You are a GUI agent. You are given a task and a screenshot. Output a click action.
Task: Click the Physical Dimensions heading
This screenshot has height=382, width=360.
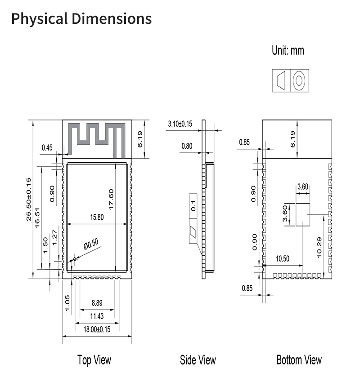click(x=81, y=19)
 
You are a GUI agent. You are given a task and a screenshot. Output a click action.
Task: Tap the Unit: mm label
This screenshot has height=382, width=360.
click(x=288, y=50)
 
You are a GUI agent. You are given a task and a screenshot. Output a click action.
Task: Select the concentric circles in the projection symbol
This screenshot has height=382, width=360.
click(x=299, y=81)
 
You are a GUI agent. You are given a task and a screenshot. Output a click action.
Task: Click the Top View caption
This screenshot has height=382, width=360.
click(x=94, y=360)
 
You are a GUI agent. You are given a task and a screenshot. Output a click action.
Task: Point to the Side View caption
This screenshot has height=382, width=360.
click(x=198, y=360)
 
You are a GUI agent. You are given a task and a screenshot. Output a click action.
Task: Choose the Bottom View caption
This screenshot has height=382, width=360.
click(x=299, y=360)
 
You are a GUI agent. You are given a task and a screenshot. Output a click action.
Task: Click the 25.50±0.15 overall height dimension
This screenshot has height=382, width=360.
click(x=29, y=199)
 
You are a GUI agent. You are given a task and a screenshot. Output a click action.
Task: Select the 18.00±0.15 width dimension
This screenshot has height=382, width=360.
click(x=97, y=329)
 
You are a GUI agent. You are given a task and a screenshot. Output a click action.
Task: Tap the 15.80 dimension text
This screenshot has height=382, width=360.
click(x=97, y=218)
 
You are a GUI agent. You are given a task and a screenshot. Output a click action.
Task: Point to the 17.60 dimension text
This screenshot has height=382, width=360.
click(x=111, y=199)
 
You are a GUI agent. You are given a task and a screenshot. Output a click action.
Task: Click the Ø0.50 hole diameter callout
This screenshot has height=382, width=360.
click(x=90, y=245)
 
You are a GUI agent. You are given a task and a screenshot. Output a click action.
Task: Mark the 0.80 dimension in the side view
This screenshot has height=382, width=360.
click(x=186, y=146)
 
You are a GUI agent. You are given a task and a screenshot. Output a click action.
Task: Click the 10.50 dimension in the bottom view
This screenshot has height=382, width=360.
click(x=283, y=258)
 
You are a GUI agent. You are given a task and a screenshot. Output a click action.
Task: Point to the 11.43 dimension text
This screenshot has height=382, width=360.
click(x=97, y=316)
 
